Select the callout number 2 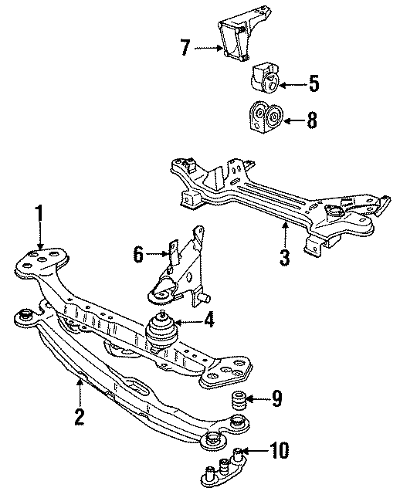click(80, 417)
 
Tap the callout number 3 click(284, 258)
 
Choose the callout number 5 click(314, 83)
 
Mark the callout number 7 click(185, 49)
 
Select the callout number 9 click(277, 399)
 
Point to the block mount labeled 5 click(263, 77)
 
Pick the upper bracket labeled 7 click(235, 38)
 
